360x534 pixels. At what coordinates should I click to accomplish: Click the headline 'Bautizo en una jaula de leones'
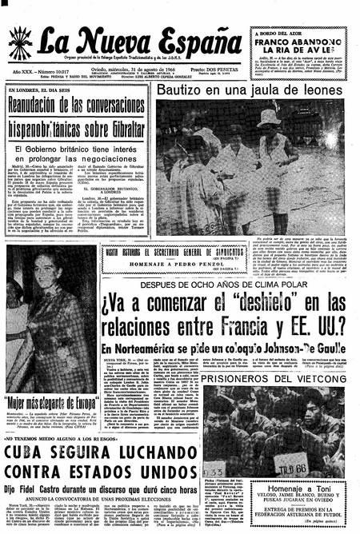pyautogui.click(x=250, y=92)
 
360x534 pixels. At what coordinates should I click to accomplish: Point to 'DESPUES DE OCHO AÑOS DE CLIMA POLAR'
pyautogui.click(x=219, y=284)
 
